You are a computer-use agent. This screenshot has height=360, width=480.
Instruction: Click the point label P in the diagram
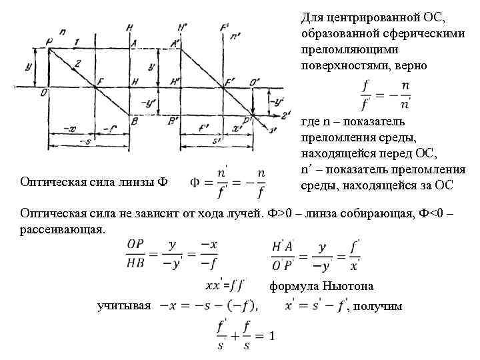[49, 41]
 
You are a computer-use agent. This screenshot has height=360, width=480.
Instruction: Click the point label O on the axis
[43, 93]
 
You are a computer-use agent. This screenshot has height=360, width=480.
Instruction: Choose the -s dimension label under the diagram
[84, 141]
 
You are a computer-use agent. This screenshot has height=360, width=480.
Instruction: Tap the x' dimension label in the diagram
[237, 127]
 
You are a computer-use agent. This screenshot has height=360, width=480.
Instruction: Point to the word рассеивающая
[63, 229]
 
